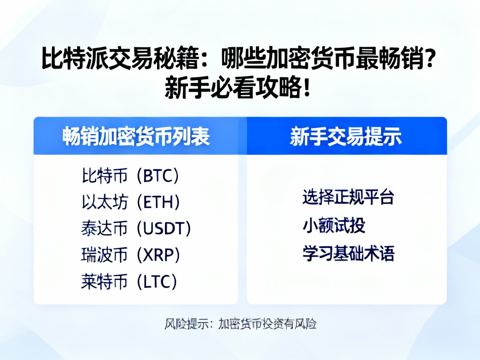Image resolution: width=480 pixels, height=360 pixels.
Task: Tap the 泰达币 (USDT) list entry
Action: point(136,229)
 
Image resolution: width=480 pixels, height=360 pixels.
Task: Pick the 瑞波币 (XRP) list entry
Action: point(130,255)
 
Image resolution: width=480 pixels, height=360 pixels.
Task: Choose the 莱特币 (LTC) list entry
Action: point(129,282)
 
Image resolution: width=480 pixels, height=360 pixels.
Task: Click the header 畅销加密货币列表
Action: point(136,136)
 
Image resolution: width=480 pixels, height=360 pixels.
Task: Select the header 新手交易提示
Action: point(346,136)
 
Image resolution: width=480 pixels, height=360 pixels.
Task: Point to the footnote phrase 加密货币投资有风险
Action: point(267,324)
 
